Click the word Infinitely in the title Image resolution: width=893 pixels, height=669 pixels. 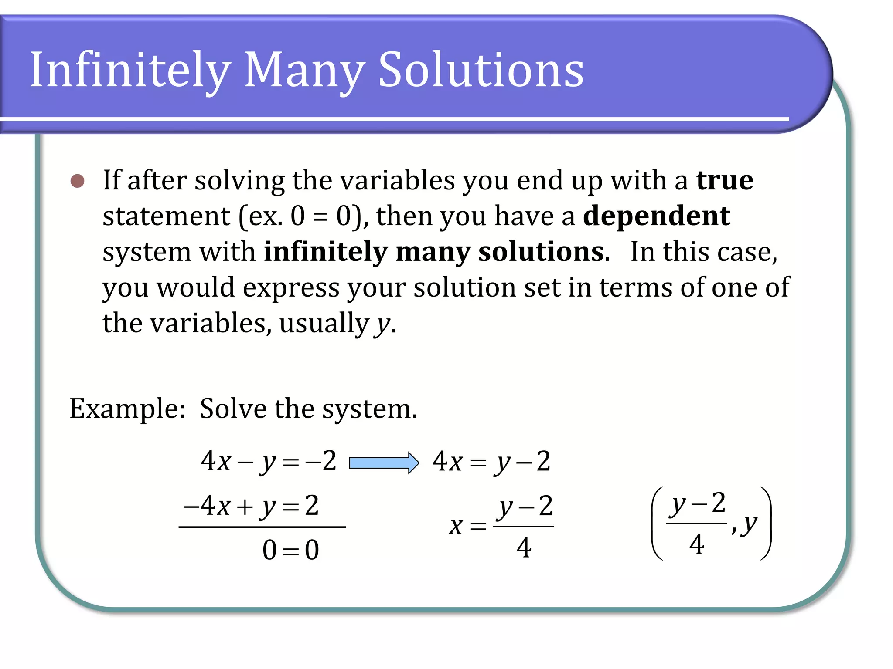[x=130, y=70]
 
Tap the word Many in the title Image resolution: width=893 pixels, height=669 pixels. [x=304, y=70]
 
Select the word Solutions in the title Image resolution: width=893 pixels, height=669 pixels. [x=481, y=70]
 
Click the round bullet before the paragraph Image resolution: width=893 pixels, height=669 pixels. [x=77, y=181]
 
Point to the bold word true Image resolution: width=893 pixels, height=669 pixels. [x=725, y=180]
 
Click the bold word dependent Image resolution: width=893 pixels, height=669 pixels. [x=656, y=216]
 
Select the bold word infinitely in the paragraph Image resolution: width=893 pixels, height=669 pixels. [x=325, y=252]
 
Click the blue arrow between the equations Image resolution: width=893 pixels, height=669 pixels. [x=384, y=463]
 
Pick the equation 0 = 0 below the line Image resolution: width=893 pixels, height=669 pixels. [x=290, y=550]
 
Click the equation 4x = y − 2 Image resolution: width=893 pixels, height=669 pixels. [x=491, y=462]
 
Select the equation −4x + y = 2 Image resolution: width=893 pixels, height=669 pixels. [x=252, y=506]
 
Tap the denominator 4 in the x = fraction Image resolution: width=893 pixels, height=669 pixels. [x=524, y=547]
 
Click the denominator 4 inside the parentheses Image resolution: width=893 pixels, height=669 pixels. [x=696, y=544]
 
